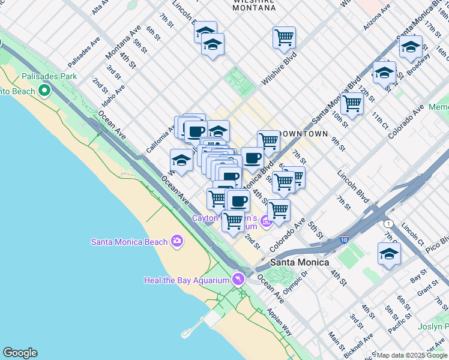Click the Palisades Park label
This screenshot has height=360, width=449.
point(49,76)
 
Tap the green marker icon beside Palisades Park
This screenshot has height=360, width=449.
point(44,91)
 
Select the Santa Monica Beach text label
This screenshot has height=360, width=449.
point(129,242)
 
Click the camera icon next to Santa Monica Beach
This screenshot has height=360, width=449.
point(176,241)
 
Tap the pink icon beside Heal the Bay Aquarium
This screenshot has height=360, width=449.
point(239,280)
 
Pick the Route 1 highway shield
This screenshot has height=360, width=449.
point(389,223)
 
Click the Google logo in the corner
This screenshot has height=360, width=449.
point(20,353)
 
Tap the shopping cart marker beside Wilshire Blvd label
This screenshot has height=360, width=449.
point(284,37)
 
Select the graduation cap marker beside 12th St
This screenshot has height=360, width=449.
point(384,73)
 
